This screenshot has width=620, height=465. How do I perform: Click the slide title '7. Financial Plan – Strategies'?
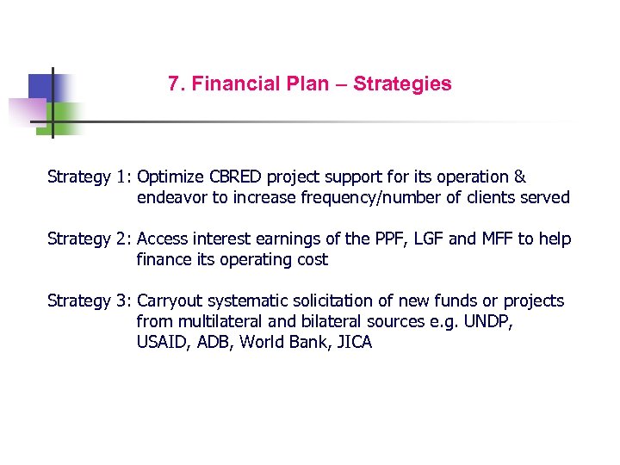tap(310, 84)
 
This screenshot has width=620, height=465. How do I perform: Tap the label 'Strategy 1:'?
tap(90, 177)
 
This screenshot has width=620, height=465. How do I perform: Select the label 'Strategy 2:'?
tap(90, 239)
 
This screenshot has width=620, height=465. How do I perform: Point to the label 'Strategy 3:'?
tap(90, 301)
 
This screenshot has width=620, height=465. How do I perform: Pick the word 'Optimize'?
tap(170, 177)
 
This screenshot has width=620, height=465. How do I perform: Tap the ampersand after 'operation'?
tap(519, 177)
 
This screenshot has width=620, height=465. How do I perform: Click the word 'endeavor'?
tap(170, 198)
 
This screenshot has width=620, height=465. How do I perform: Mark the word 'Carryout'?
tap(170, 301)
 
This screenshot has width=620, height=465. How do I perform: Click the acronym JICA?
tap(353, 343)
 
